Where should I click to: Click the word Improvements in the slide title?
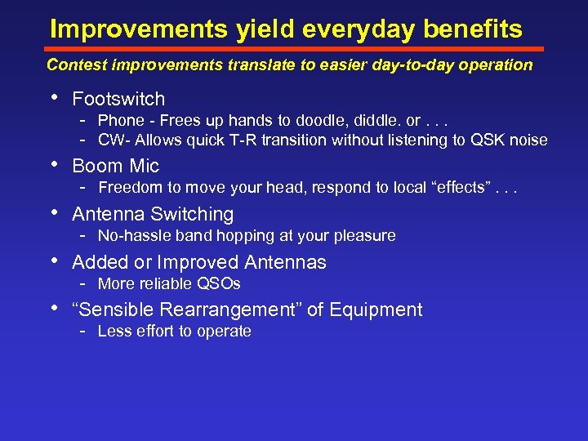point(140,29)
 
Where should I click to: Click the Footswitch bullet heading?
point(118,99)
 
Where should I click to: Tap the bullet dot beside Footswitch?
point(53,97)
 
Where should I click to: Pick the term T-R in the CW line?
point(240,140)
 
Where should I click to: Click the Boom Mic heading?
point(115,166)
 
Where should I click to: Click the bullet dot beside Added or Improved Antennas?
point(53,261)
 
